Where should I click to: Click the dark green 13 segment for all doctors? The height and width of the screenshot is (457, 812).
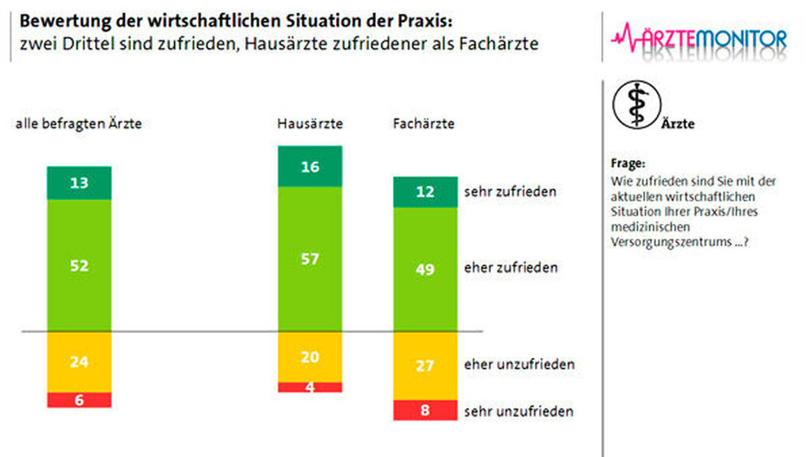point(79,183)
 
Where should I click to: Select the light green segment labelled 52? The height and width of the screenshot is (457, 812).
point(79,265)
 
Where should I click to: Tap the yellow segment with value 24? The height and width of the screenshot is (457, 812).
point(79,362)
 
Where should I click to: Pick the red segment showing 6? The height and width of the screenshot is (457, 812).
point(79,399)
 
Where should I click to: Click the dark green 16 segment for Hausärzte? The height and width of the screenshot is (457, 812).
point(310,167)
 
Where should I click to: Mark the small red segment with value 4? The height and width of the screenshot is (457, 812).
point(310,387)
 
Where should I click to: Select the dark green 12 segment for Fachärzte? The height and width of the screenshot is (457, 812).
point(425,192)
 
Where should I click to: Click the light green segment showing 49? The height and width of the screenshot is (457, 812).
point(425,269)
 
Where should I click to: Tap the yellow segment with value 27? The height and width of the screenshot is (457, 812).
point(425,365)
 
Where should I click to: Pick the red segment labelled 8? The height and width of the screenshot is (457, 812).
point(425,410)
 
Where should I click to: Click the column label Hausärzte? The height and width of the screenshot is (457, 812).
point(309,124)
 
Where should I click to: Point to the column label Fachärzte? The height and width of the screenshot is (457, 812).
point(423,124)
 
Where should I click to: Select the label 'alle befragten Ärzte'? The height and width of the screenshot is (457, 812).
point(80,124)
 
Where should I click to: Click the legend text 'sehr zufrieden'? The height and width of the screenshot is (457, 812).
point(510,192)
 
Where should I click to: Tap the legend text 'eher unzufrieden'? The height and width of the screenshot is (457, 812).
point(519,364)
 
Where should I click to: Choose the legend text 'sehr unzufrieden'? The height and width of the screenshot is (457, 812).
point(519,411)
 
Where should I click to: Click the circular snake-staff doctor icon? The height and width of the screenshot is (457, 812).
point(636,105)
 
